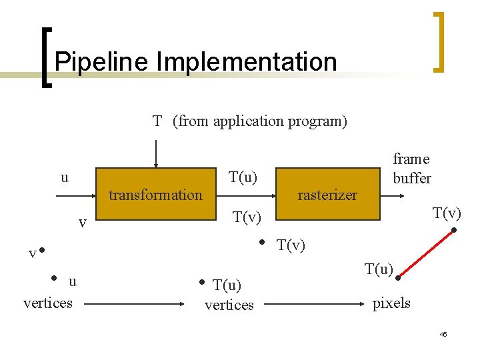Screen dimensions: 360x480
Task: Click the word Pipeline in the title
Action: click(x=102, y=62)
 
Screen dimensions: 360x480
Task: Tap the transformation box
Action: click(x=155, y=195)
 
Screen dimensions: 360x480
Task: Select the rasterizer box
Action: click(x=327, y=195)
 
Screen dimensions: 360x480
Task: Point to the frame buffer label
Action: click(x=411, y=168)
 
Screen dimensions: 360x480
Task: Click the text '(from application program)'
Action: click(x=260, y=121)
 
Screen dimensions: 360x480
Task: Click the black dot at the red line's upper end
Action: click(x=454, y=231)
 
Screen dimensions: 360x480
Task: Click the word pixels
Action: click(x=391, y=303)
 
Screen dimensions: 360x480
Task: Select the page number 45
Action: click(x=443, y=333)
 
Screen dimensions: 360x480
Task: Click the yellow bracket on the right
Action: click(x=438, y=41)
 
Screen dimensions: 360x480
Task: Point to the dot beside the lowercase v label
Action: click(x=41, y=251)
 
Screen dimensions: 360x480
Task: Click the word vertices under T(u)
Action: click(x=229, y=305)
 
